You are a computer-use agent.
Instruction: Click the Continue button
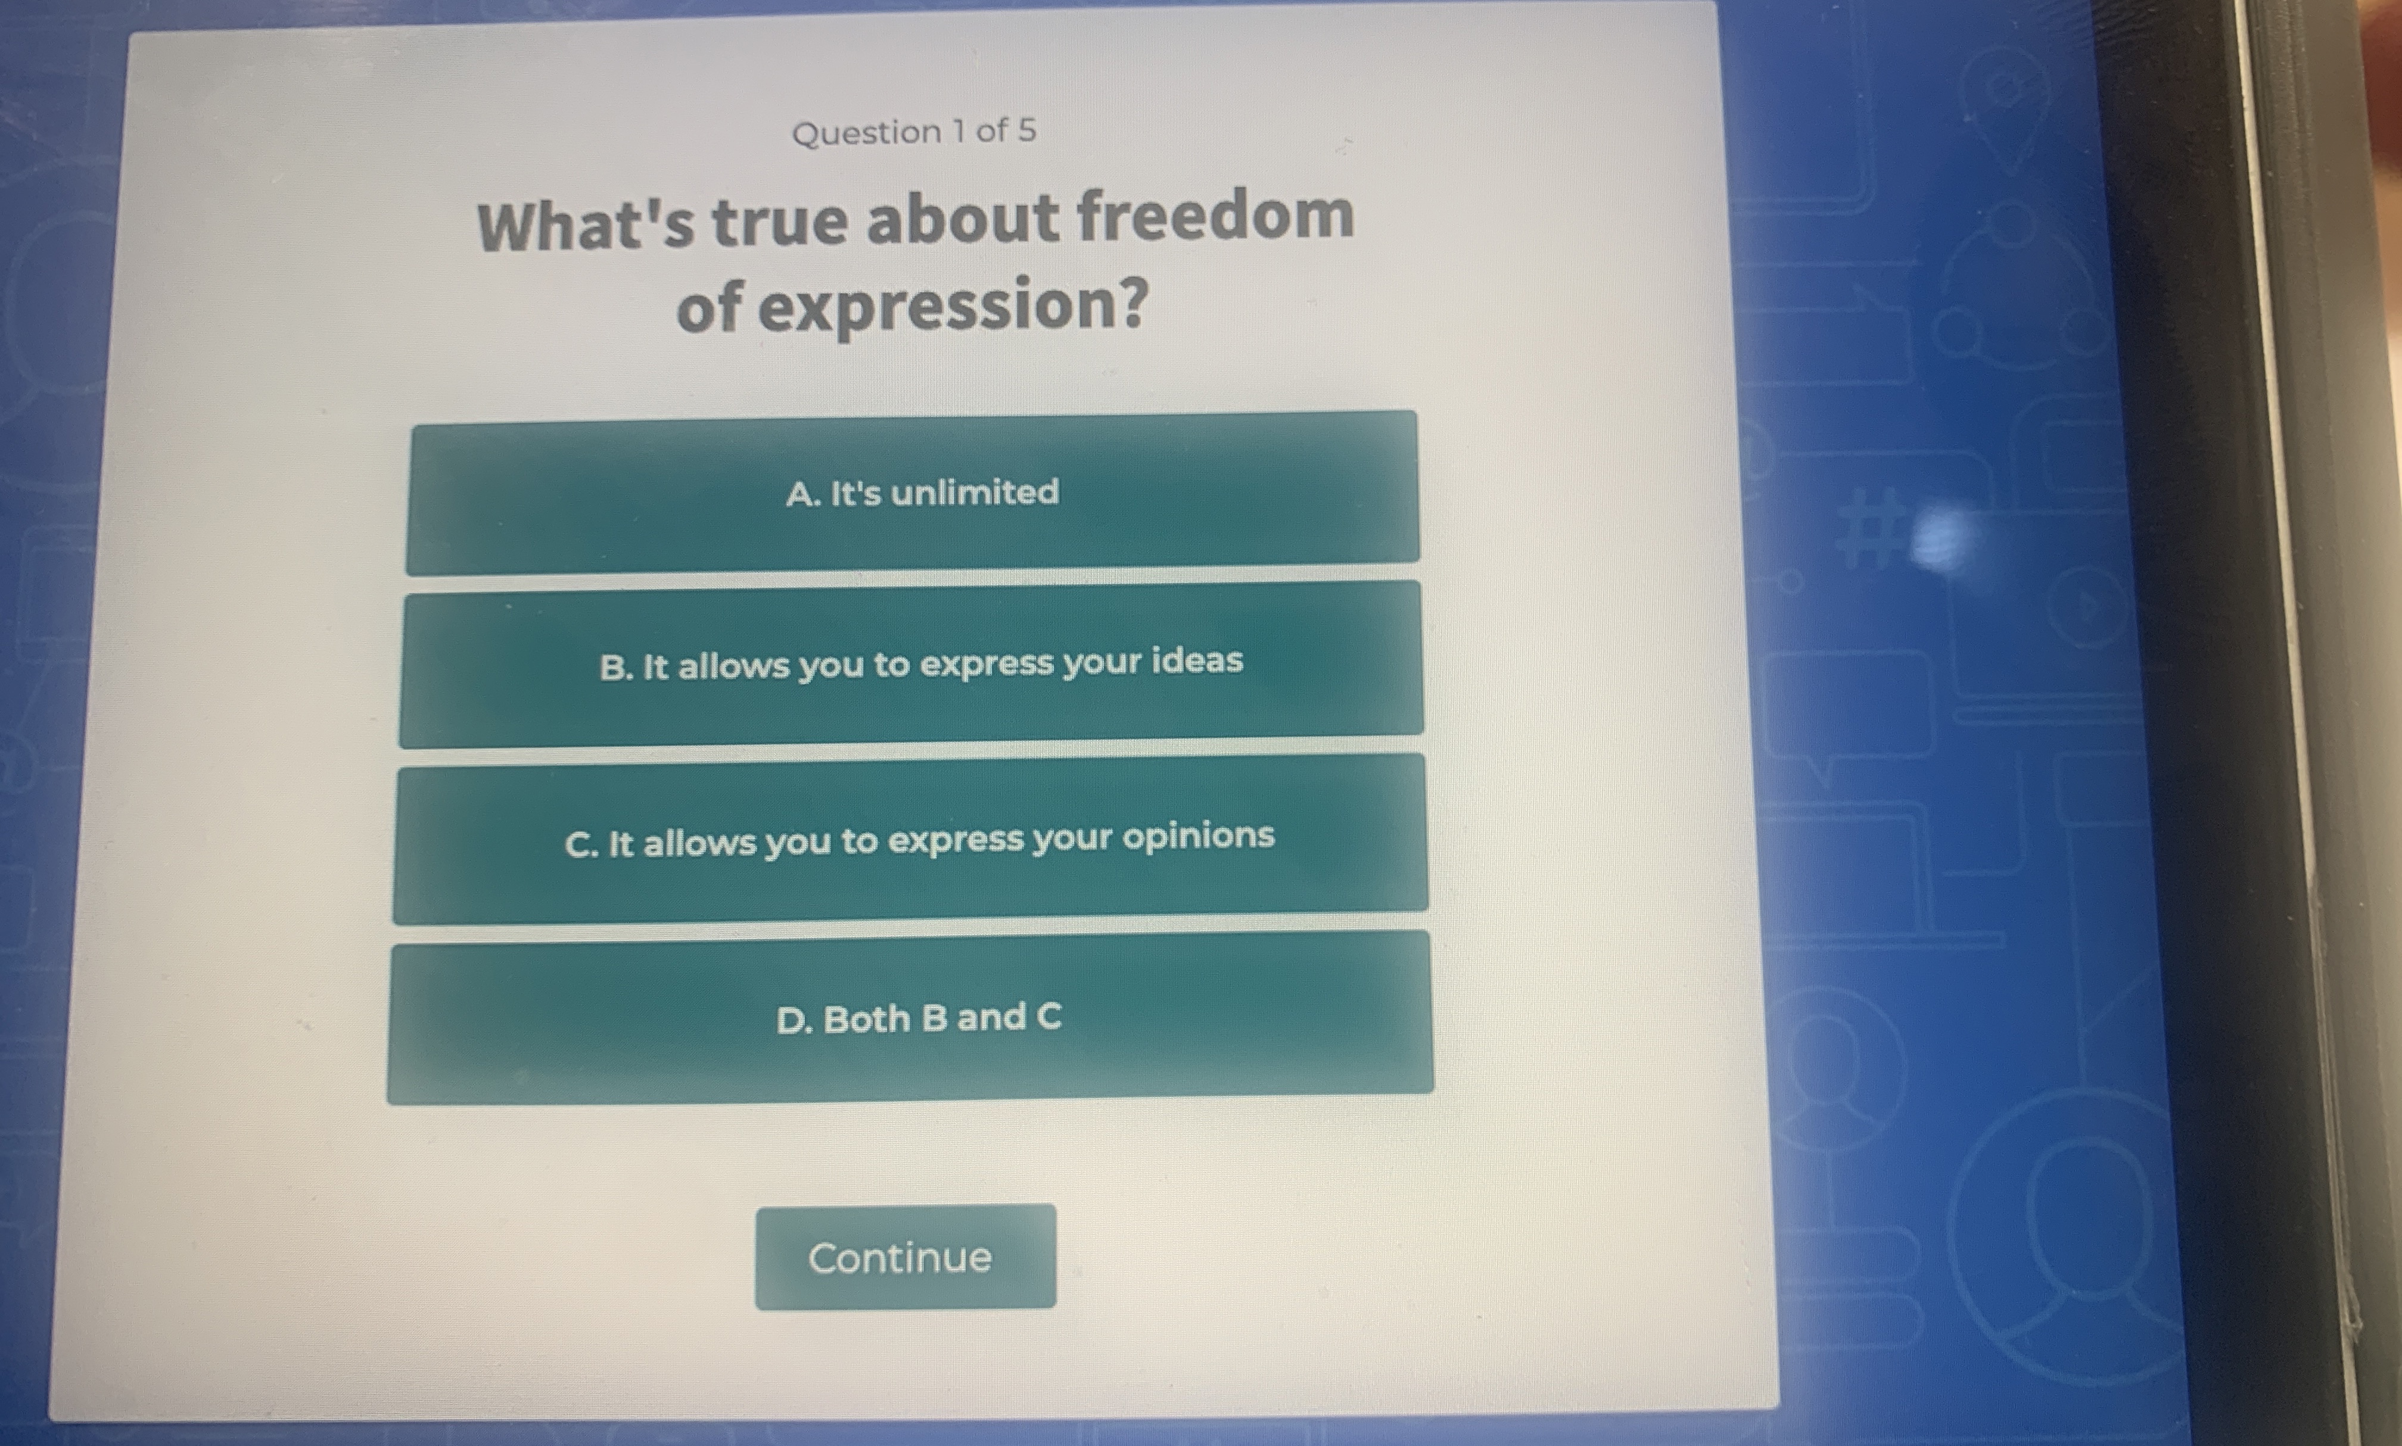click(904, 1257)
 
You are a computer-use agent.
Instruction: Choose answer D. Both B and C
click(910, 1018)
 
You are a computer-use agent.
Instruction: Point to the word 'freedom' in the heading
click(1215, 216)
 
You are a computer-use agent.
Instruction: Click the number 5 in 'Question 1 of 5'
click(1027, 130)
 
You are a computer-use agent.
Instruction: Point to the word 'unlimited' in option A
click(975, 492)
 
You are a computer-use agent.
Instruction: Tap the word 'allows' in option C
click(699, 843)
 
